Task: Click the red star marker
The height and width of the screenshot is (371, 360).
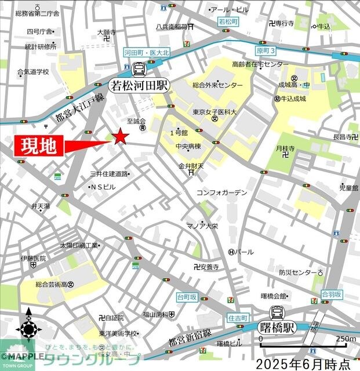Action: point(120,137)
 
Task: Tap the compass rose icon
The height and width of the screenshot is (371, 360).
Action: point(28,330)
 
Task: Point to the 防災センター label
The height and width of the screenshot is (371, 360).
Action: point(297,272)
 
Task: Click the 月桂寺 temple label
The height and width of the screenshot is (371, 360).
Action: point(286,149)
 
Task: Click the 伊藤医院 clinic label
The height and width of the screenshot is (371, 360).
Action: point(33,258)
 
